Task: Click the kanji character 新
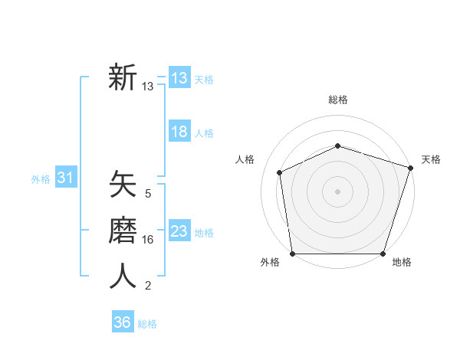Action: [123, 77]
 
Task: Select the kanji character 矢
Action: [123, 185]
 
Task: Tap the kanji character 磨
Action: [123, 231]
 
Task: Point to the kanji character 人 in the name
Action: [123, 277]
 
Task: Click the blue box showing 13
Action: [179, 78]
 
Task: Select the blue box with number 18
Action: [179, 132]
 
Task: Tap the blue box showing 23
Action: [179, 231]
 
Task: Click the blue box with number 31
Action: [65, 178]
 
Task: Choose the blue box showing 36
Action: [123, 322]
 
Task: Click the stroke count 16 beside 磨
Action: [148, 240]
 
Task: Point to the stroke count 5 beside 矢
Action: [148, 194]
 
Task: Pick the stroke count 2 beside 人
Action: [148, 286]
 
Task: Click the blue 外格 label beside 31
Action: [41, 179]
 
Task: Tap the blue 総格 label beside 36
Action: [148, 324]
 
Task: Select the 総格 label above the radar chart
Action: [337, 100]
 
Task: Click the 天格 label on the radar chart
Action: [432, 159]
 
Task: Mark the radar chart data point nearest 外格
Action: [293, 254]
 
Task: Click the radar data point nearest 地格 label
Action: [383, 254]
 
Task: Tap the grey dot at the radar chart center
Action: [337, 191]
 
